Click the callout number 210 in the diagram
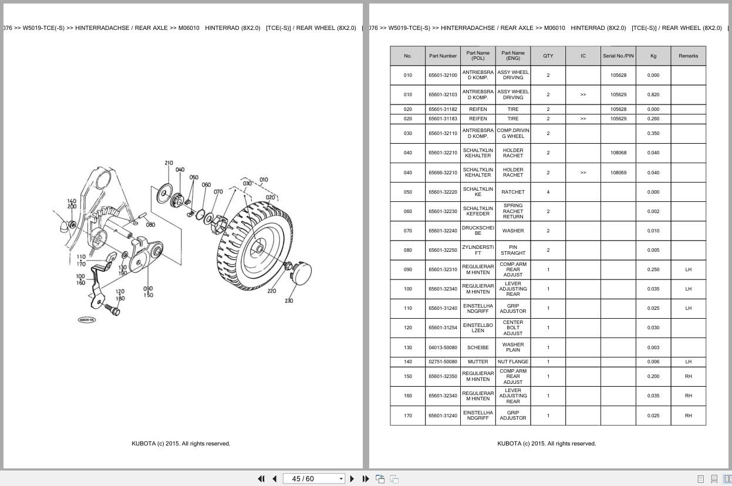168,163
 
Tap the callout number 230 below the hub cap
289,301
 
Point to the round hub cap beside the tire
302,273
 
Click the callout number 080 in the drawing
151,224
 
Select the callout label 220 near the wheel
272,291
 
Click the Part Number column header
443,56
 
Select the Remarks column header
688,56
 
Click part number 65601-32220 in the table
443,192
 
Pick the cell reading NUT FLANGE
512,362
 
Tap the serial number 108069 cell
618,173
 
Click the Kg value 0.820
653,95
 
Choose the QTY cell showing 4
548,192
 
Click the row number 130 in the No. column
407,347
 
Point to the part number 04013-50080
443,347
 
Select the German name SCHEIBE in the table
478,347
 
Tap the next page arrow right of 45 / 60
352,478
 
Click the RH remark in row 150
688,376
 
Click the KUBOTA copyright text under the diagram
181,444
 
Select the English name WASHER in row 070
512,231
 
